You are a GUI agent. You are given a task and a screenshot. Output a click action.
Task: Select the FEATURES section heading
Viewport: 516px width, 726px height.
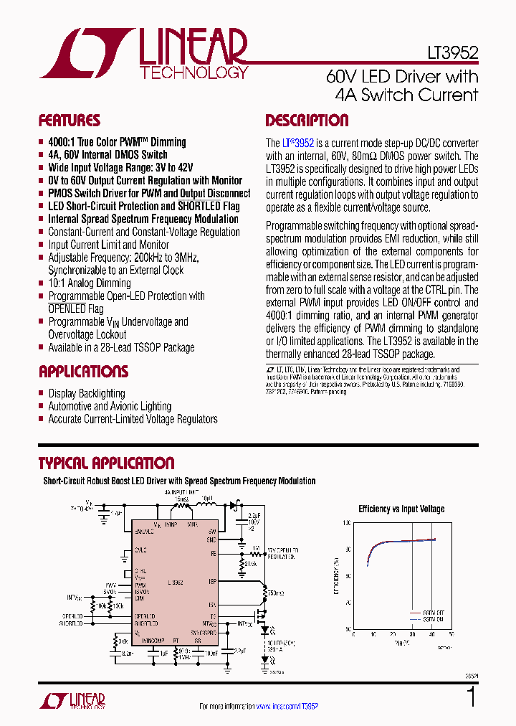tap(69, 121)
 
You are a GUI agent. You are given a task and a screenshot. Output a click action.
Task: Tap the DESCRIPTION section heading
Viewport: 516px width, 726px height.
tap(307, 121)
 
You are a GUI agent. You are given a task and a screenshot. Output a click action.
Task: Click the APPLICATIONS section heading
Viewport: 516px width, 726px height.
tap(83, 372)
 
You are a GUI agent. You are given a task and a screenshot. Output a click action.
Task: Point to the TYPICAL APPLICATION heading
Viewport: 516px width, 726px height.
tap(106, 463)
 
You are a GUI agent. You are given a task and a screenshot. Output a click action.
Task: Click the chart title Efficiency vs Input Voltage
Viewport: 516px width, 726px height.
tap(401, 509)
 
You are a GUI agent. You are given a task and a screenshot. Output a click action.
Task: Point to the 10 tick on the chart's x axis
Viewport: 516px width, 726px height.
tap(373, 635)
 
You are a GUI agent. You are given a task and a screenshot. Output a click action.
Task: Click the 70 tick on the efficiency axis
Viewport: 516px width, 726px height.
tap(348, 603)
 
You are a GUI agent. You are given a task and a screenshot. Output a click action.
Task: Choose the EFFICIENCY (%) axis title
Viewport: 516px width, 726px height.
tap(336, 576)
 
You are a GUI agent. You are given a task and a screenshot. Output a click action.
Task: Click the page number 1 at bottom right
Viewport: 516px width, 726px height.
tap(471, 697)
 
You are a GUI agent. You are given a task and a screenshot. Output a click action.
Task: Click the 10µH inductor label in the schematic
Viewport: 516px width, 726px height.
tap(207, 496)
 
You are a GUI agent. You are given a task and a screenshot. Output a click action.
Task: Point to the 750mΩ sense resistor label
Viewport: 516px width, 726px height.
tap(274, 593)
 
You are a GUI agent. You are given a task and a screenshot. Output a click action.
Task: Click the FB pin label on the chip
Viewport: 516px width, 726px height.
tap(213, 553)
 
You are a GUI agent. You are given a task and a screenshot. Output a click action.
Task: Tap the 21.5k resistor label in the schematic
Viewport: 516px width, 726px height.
tap(251, 565)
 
